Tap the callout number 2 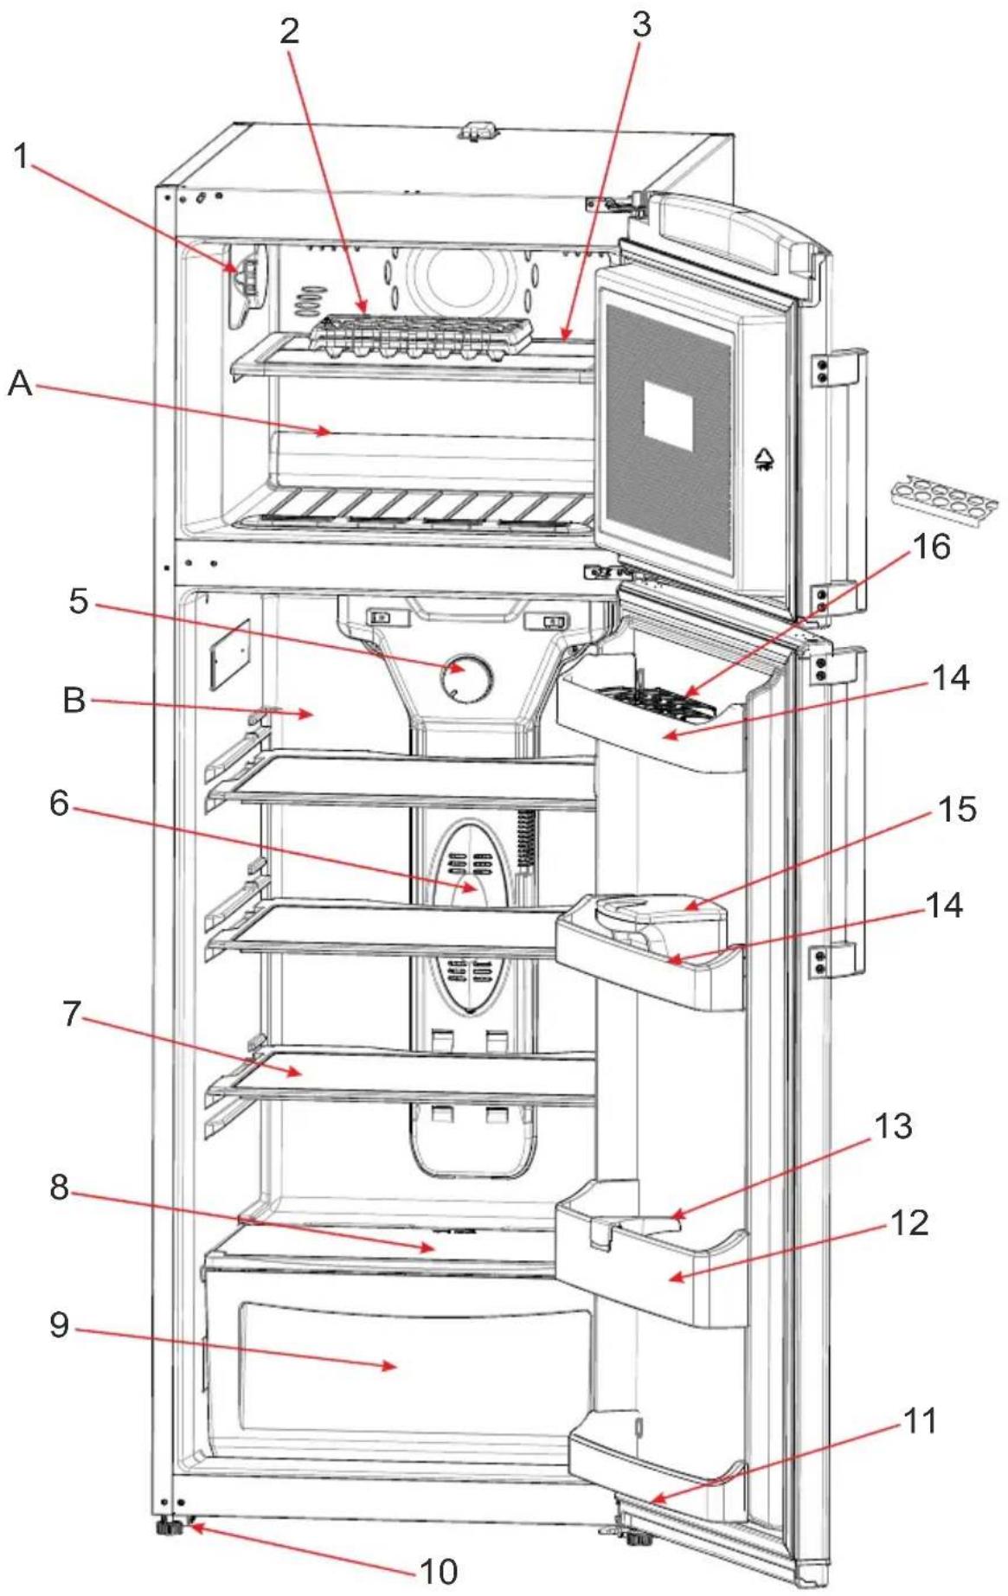pos(289,30)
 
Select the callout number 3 pos(641,25)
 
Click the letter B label pos(74,699)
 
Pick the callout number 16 pos(931,546)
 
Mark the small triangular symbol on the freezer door pos(764,458)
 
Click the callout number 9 pos(59,1324)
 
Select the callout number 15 pos(956,809)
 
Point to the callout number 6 pos(59,803)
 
